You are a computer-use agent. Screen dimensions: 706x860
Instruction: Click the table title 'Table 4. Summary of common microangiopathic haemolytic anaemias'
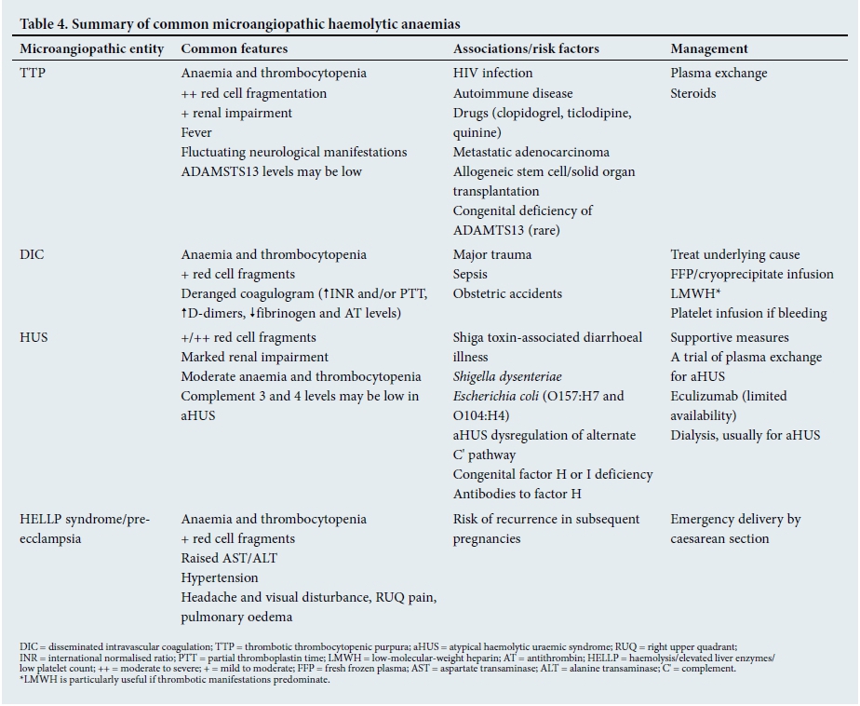point(239,23)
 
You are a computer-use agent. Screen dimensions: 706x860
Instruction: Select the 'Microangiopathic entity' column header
point(91,48)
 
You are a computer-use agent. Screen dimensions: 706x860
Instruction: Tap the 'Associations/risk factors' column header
point(526,48)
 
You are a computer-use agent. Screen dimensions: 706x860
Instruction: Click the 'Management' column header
point(709,48)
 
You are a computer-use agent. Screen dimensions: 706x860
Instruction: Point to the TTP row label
point(33,73)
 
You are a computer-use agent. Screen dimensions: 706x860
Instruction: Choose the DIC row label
point(32,254)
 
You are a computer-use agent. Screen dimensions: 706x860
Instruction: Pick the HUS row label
point(33,337)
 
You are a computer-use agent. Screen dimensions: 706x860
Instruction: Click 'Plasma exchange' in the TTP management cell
point(719,73)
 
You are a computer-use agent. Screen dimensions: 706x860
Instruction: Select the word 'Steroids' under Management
point(693,93)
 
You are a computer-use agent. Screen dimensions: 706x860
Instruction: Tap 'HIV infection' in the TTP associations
point(493,73)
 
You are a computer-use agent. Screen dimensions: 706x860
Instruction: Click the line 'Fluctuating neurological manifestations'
point(293,152)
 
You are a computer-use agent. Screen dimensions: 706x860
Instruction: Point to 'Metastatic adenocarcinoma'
point(531,152)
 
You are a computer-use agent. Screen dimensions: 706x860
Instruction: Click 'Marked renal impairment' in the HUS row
point(254,357)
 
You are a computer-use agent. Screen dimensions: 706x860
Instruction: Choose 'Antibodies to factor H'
point(517,494)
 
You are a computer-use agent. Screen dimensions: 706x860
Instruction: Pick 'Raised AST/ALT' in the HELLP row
point(229,558)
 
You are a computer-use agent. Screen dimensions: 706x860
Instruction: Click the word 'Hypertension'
point(220,577)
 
